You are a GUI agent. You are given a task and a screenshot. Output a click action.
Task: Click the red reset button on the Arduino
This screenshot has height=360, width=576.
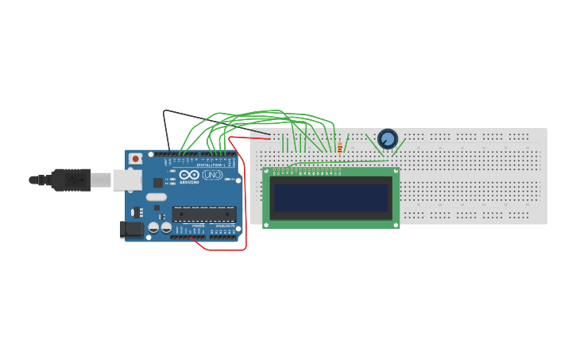[136, 159]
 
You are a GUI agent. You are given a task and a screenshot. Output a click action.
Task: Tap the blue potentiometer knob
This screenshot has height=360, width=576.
[388, 139]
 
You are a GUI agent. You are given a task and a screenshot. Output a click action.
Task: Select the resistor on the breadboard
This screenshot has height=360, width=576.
[340, 148]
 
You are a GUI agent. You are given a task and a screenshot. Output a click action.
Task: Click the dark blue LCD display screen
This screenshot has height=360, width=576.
[331, 197]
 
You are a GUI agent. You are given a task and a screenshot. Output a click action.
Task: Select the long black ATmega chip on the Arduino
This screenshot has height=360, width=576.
[204, 214]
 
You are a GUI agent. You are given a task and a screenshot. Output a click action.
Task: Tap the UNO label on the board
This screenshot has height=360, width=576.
[212, 175]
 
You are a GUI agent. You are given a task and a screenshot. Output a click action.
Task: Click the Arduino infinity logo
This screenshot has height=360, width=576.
[189, 175]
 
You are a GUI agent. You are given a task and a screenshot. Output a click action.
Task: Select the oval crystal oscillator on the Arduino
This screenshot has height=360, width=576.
[157, 197]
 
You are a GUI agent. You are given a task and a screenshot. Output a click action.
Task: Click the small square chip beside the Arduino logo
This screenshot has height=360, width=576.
[157, 182]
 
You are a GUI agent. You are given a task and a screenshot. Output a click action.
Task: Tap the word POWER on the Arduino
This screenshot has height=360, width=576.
[199, 226]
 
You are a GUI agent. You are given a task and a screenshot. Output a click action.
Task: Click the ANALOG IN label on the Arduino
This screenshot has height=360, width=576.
[224, 226]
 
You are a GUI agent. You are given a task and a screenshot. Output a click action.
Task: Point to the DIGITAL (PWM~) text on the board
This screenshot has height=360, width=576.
[208, 165]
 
